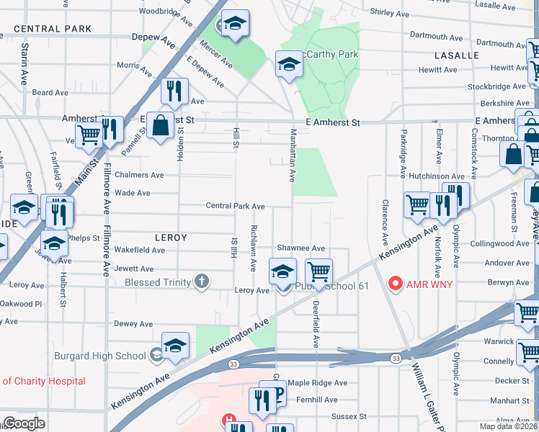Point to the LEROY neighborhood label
(171, 237)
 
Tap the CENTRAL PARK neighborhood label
(53, 29)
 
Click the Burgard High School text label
(100, 355)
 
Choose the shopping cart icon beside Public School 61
(318, 272)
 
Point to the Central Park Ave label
(235, 206)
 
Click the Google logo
(24, 423)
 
